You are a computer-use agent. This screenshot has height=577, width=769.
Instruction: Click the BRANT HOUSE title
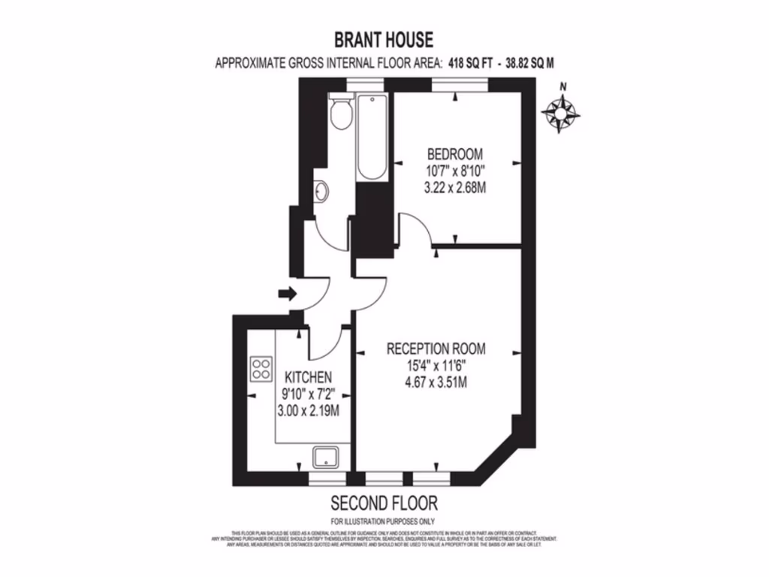click(x=384, y=39)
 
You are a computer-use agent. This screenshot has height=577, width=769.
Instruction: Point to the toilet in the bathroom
click(x=340, y=112)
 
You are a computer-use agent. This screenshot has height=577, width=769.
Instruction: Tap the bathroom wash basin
click(x=321, y=192)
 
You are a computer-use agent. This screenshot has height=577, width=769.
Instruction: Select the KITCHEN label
click(x=307, y=376)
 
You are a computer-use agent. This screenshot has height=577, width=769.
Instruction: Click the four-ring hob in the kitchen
click(x=261, y=368)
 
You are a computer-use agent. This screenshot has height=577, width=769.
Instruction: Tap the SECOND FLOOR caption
click(x=384, y=503)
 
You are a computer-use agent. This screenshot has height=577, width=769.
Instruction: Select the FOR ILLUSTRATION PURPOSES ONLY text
click(x=384, y=521)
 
